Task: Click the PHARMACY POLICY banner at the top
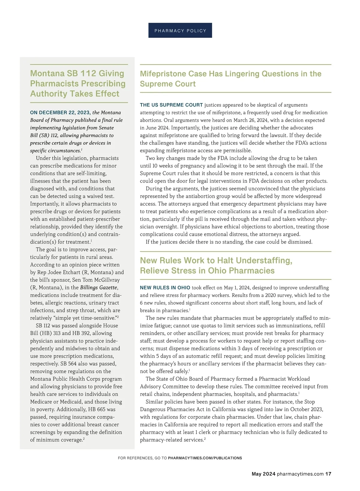pyautogui.click(x=180, y=31)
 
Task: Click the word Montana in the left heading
pyautogui.click(x=47, y=73)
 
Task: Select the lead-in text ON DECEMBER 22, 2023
pyautogui.click(x=60, y=113)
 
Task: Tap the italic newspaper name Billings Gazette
pyautogui.click(x=99, y=287)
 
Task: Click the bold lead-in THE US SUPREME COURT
pyautogui.click(x=171, y=105)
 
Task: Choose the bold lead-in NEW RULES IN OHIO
pyautogui.click(x=165, y=288)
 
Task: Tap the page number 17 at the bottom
pyautogui.click(x=328, y=474)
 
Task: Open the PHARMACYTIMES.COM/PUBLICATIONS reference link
pyautogui.click(x=205, y=458)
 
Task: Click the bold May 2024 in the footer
pyautogui.click(x=263, y=474)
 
